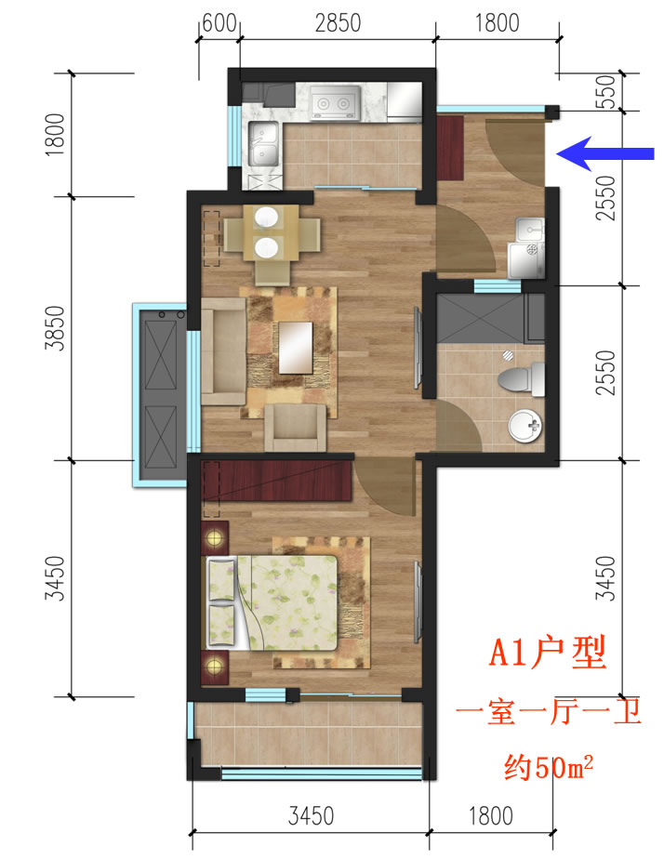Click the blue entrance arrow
pyautogui.click(x=604, y=153)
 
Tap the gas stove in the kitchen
pyautogui.click(x=336, y=102)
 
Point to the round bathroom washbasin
pyautogui.click(x=525, y=426)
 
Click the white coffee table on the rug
pyautogui.click(x=296, y=348)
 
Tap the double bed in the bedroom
pyautogui.click(x=272, y=602)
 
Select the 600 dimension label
pyautogui.click(x=219, y=23)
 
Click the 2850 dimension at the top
pyautogui.click(x=338, y=23)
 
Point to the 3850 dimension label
pyautogui.click(x=55, y=327)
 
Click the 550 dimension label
pyautogui.click(x=606, y=91)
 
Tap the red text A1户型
pyautogui.click(x=548, y=653)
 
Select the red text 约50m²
pyautogui.click(x=549, y=766)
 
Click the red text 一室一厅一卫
pyautogui.click(x=549, y=712)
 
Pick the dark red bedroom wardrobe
pyautogui.click(x=277, y=481)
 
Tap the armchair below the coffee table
pyautogui.click(x=296, y=428)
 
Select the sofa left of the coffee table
pyautogui.click(x=223, y=351)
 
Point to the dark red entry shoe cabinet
pyautogui.click(x=450, y=148)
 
